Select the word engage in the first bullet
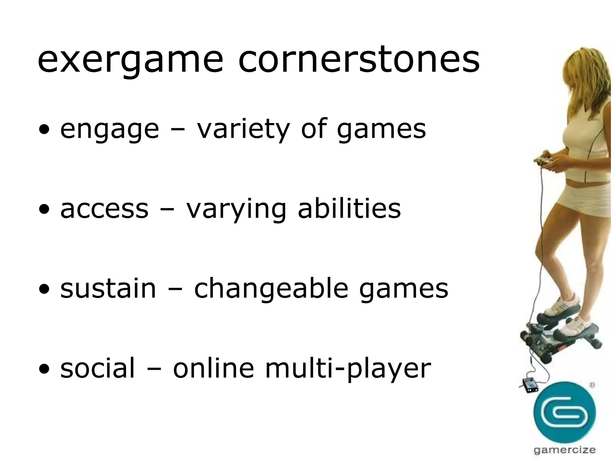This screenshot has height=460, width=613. [x=110, y=130]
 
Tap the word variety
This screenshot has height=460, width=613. [x=243, y=130]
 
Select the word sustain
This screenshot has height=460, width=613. [x=108, y=288]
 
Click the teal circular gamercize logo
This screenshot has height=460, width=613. [x=565, y=412]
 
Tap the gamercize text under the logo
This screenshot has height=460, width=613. [x=565, y=450]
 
